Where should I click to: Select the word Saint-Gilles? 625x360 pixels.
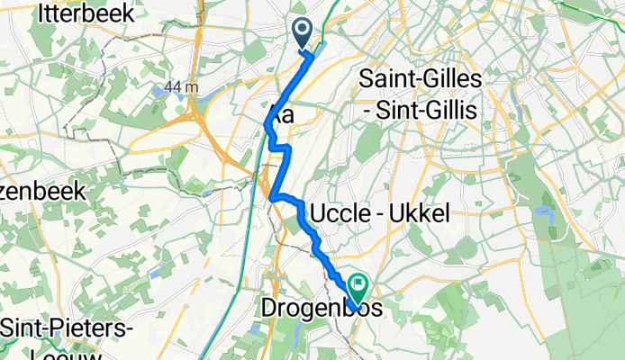[x=421, y=78]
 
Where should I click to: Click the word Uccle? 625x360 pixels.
[x=342, y=213]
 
